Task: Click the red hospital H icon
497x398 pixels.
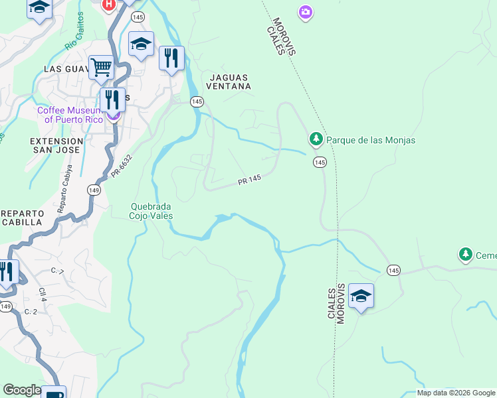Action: click(x=108, y=5)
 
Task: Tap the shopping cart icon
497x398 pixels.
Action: click(x=100, y=66)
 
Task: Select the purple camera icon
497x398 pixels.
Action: click(x=305, y=12)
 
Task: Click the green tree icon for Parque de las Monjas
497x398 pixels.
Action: click(x=316, y=139)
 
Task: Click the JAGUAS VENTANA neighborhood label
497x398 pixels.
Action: click(x=229, y=82)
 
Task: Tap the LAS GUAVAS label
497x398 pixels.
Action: click(x=66, y=69)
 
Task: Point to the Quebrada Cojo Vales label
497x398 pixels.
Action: click(x=151, y=211)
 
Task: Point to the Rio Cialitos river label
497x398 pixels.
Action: click(x=75, y=31)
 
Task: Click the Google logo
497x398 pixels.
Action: click(x=22, y=390)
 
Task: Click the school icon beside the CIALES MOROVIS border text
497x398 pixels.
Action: click(x=361, y=296)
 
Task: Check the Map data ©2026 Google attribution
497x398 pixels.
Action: click(x=456, y=393)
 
